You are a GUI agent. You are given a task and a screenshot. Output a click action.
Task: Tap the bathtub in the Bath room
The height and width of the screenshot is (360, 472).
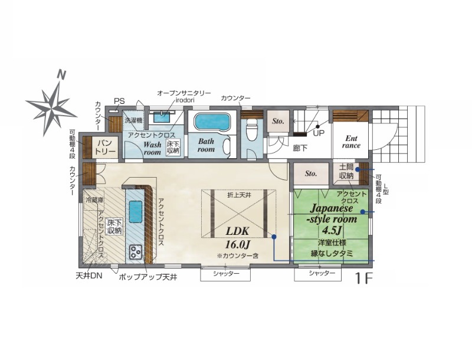pyautogui.click(x=212, y=122)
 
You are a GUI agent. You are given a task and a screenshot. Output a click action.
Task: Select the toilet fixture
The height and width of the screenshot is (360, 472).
pyautogui.click(x=251, y=130)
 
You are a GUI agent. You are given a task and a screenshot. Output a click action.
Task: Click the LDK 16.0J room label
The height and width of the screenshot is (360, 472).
pyautogui.click(x=238, y=238)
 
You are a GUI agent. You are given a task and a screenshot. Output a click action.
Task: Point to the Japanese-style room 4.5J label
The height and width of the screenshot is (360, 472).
pyautogui.click(x=332, y=219)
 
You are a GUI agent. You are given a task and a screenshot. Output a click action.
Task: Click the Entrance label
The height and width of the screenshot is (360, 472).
pyautogui.click(x=351, y=142)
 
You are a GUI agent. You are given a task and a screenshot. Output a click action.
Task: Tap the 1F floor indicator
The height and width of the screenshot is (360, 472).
pyautogui.click(x=364, y=279)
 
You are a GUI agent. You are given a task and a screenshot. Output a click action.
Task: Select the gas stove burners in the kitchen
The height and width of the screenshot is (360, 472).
pyautogui.click(x=136, y=251)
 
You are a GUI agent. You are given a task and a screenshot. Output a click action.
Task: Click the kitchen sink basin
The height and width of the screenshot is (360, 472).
pyautogui.click(x=136, y=212)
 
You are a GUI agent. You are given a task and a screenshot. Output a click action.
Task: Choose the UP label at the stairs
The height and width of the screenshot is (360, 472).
pyautogui.click(x=319, y=133)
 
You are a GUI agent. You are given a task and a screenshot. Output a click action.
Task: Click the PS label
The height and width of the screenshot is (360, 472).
pyautogui.click(x=119, y=101)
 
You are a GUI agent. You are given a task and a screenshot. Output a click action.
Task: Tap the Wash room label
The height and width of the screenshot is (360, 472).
pyautogui.click(x=152, y=148)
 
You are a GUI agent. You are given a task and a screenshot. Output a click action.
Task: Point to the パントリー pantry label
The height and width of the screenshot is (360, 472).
pyautogui.click(x=106, y=146)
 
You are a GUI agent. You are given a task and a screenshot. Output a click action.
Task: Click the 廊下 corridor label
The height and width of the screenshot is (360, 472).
pyautogui.click(x=300, y=148)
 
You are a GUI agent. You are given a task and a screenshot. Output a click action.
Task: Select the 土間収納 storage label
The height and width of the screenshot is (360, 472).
pyautogui.click(x=346, y=171)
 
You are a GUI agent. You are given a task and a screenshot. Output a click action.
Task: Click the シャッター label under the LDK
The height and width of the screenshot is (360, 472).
pyautogui.click(x=226, y=274)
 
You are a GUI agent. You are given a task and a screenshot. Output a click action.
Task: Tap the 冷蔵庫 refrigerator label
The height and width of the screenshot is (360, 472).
pyautogui.click(x=93, y=199)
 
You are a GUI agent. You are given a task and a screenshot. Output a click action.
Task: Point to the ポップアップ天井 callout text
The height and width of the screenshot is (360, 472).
pyautogui.click(x=148, y=277)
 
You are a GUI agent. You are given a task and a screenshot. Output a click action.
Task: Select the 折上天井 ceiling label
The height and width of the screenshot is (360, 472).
pyautogui.click(x=239, y=195)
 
